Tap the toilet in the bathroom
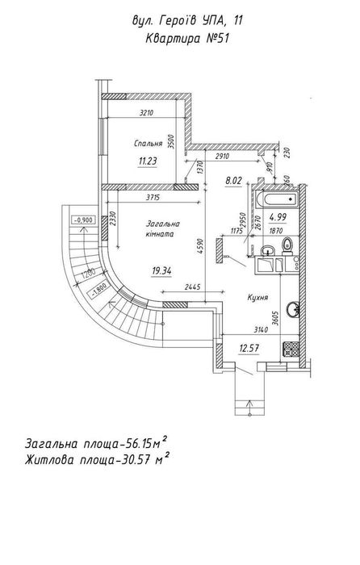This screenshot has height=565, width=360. [x=287, y=246]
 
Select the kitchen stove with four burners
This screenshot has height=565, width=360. [x=291, y=349]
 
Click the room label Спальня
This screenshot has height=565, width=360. [x=148, y=144]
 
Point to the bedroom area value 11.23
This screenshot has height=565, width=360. [x=148, y=161]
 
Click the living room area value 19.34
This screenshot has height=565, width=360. [x=161, y=270]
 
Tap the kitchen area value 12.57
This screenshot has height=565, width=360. [x=249, y=348]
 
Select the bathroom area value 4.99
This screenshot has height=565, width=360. [x=278, y=217]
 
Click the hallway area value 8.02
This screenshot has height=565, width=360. [x=233, y=181]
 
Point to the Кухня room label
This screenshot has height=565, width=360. [x=257, y=298]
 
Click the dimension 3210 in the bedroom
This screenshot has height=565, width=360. [x=146, y=112]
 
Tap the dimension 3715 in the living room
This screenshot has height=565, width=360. [x=153, y=198]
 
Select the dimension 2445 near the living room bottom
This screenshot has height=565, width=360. [x=192, y=287]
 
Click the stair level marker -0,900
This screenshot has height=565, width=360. [x=84, y=220]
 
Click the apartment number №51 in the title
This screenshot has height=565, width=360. [x=217, y=38]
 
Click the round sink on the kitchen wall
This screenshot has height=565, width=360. [x=293, y=309]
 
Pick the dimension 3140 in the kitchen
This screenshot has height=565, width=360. [x=261, y=329]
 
